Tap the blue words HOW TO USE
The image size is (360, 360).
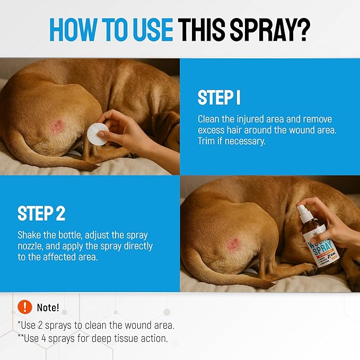[111, 30]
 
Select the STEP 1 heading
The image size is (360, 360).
[219, 98]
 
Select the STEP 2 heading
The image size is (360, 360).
[41, 213]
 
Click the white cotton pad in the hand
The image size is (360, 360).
[98, 130]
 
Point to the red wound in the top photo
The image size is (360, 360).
[57, 126]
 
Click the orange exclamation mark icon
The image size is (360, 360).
[24, 307]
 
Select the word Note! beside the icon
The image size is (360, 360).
[48, 308]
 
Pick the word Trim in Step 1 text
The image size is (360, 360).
[208, 142]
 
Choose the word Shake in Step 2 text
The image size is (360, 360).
[30, 235]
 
